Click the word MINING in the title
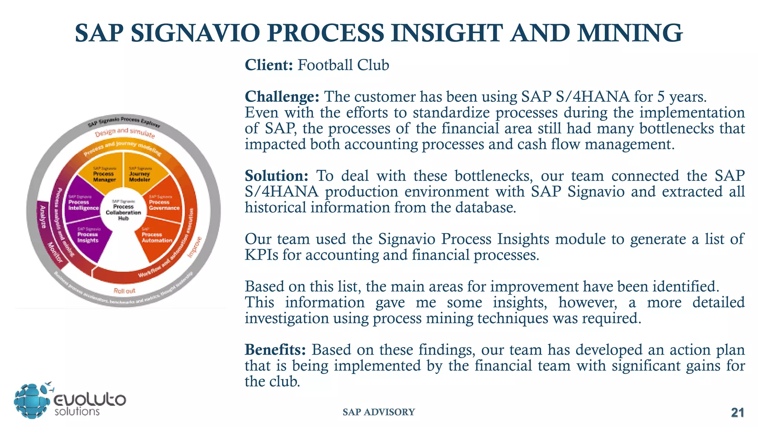click(x=630, y=33)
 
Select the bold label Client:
click(x=269, y=65)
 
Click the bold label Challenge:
click(x=282, y=97)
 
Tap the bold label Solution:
click(x=276, y=176)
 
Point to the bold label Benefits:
click(x=275, y=350)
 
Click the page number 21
click(x=737, y=413)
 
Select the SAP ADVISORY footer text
click(x=379, y=412)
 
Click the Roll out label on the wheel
click(x=124, y=291)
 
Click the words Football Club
click(x=343, y=65)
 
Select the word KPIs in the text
click(x=261, y=255)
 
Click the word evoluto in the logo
click(x=90, y=400)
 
